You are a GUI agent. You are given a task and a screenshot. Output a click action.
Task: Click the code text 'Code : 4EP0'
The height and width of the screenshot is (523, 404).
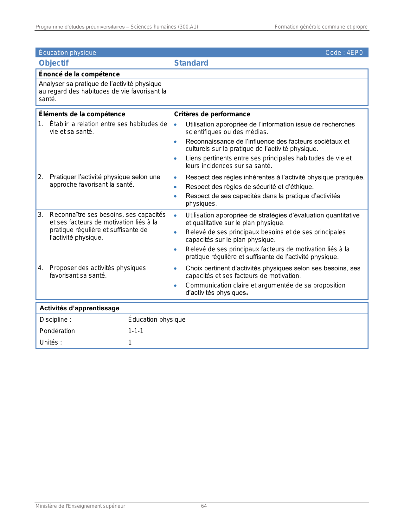pos(344,53)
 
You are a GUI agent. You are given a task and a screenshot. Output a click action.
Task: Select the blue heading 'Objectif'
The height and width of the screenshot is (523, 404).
pos(54,63)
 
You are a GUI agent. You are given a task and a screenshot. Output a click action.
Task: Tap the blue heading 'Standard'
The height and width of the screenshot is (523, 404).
pos(191,63)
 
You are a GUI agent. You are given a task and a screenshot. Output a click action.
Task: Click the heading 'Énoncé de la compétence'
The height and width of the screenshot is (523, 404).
pos(79,74)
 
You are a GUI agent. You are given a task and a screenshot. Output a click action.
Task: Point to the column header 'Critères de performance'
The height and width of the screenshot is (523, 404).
pos(212,114)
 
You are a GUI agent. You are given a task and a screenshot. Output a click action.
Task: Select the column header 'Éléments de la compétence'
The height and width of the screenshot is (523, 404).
pos(82,114)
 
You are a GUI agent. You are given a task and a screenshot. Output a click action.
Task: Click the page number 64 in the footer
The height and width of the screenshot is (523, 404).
pos(204,506)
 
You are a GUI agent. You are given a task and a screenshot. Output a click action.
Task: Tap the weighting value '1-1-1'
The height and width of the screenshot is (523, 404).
pos(136,331)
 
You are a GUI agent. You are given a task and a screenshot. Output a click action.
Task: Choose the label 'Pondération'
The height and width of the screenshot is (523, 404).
pos(57,331)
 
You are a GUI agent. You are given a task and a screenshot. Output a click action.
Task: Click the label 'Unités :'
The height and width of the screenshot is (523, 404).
pos(51,342)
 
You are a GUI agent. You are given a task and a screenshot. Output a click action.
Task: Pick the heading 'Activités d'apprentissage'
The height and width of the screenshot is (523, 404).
pos(79,308)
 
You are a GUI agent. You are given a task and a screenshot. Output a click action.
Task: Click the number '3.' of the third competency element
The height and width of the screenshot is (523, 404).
pos(41,215)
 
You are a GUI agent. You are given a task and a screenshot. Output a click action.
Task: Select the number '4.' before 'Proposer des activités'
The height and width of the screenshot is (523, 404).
pos(41,268)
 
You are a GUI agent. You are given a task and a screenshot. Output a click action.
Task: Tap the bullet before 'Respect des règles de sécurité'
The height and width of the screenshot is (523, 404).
pos(175,187)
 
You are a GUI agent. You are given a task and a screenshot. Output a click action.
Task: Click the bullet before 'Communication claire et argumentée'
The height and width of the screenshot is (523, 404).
pos(175,286)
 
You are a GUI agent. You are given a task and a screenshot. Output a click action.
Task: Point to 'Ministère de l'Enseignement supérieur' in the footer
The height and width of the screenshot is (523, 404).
pos(80,506)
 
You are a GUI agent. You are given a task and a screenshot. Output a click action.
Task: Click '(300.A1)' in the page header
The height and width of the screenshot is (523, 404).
pos(188,27)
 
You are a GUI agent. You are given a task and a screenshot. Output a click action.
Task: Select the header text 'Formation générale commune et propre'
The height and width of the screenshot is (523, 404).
pos(321,27)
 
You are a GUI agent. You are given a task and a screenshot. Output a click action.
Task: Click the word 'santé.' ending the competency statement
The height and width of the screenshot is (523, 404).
pos(48,99)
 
